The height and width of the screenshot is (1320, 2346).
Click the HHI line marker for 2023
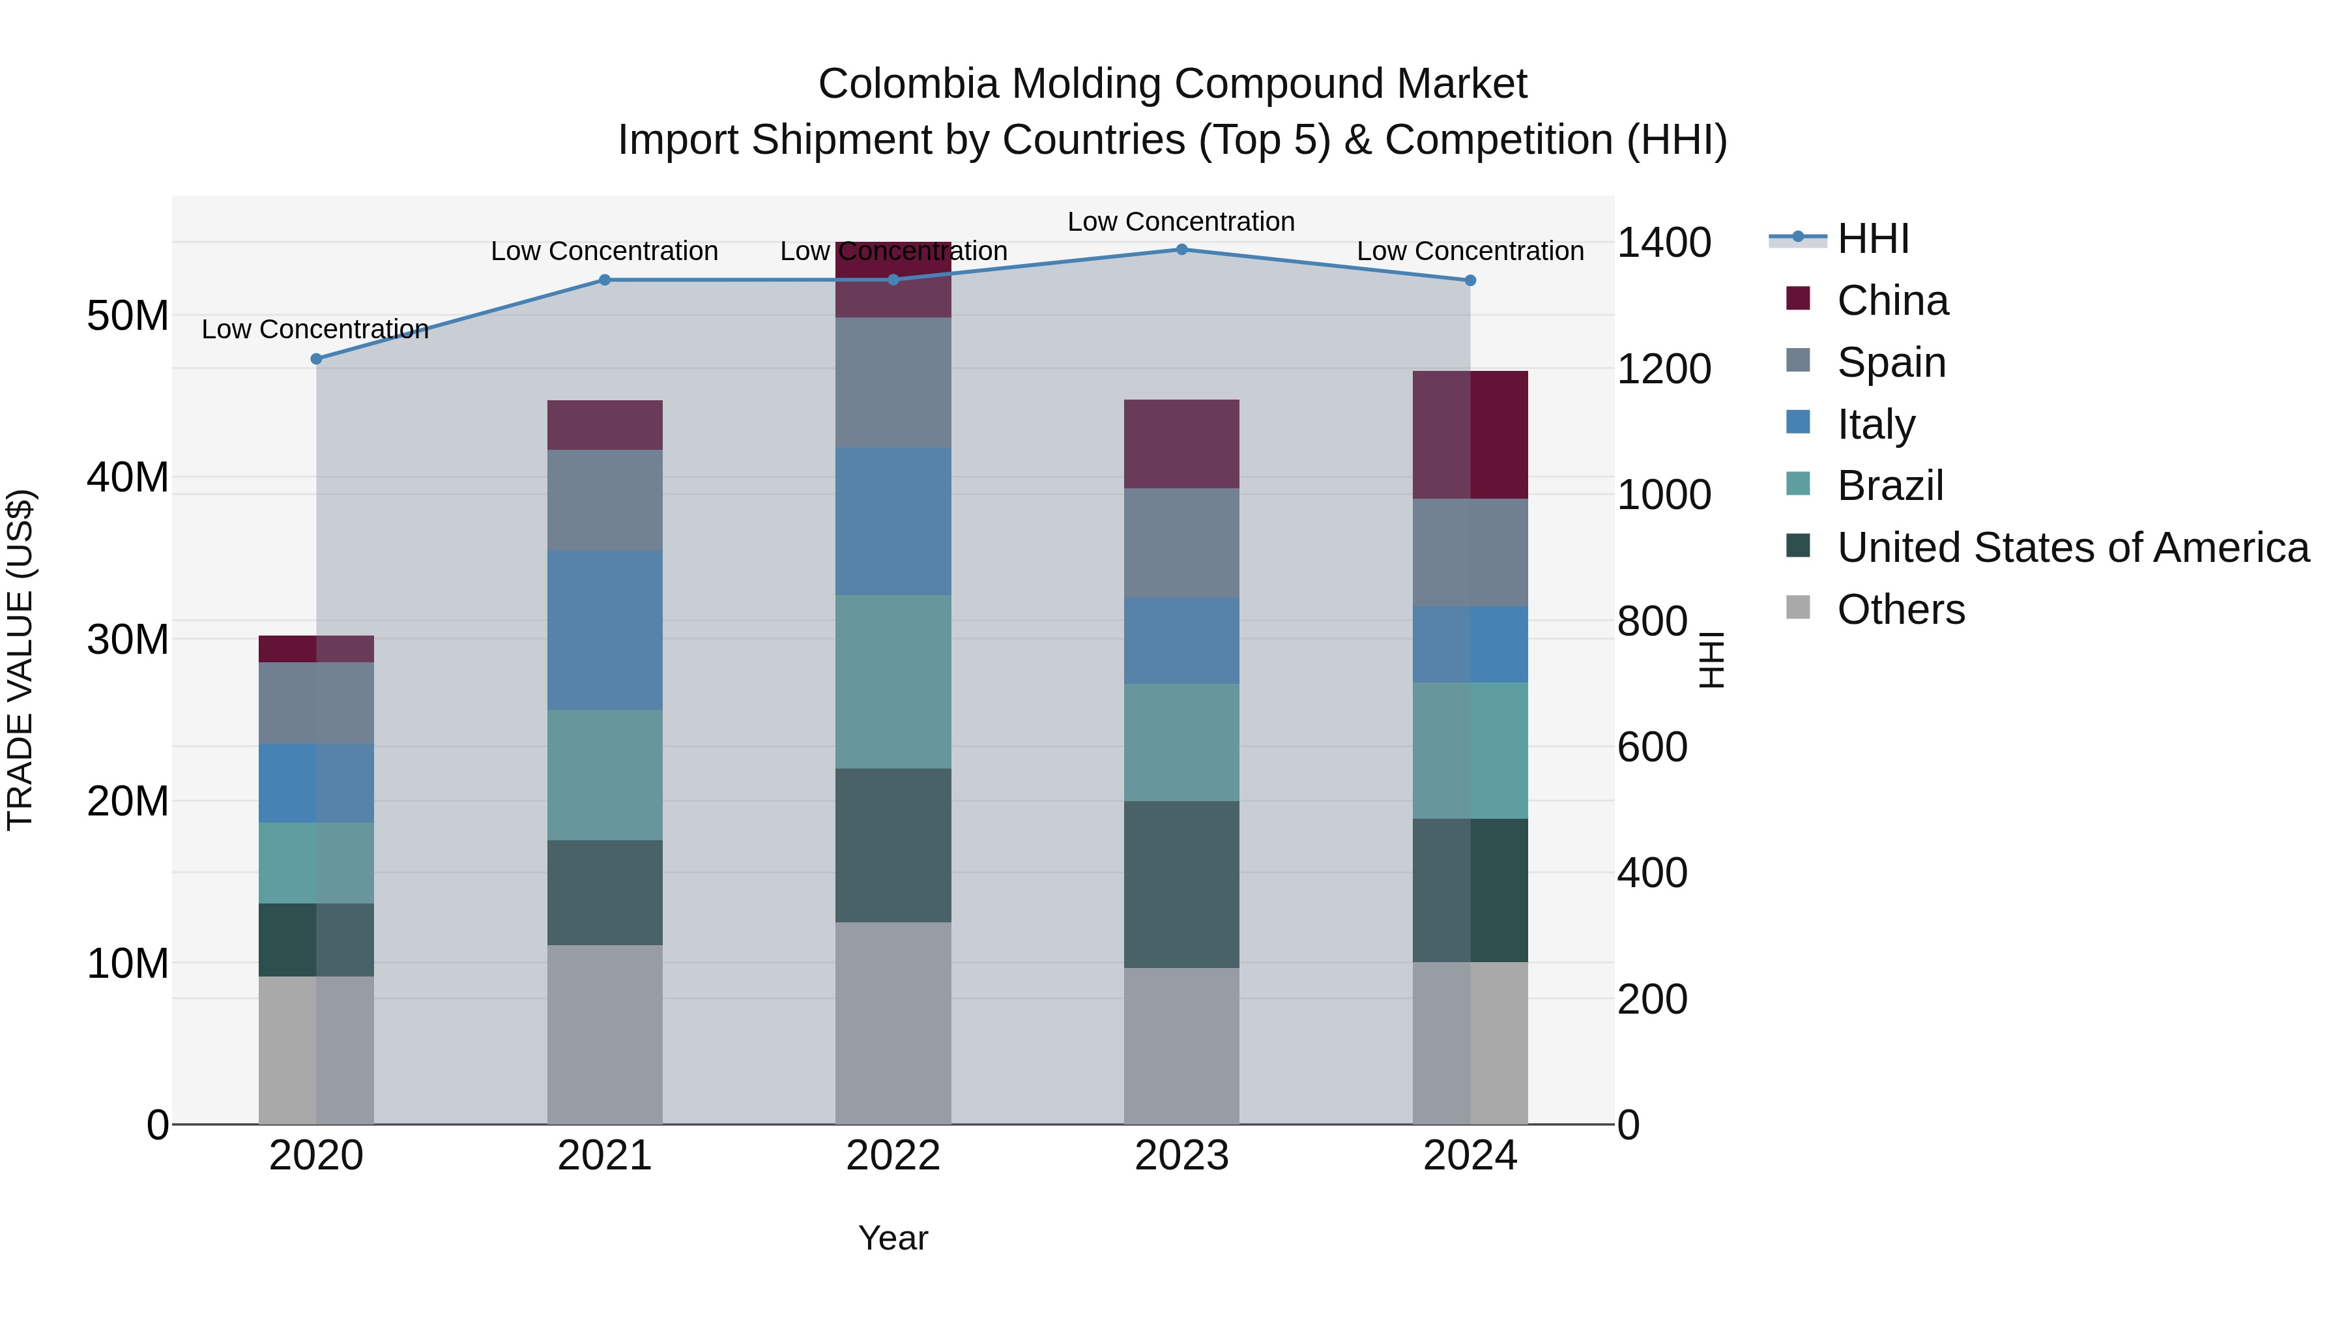click(x=1181, y=250)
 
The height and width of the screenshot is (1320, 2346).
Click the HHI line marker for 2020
click(x=316, y=359)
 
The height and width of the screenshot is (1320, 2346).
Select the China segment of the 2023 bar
click(x=1181, y=444)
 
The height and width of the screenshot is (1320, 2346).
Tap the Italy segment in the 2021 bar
click(x=605, y=630)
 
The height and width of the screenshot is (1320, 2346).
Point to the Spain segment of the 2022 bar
click(x=893, y=383)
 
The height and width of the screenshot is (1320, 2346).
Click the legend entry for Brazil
click(x=1890, y=486)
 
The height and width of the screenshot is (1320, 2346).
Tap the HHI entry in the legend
click(x=1872, y=239)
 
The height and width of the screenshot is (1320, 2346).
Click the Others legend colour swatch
click(x=1798, y=607)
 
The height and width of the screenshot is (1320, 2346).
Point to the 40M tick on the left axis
click(x=128, y=477)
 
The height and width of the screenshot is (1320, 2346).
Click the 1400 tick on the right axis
click(x=1663, y=243)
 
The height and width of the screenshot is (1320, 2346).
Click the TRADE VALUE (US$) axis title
click(x=21, y=660)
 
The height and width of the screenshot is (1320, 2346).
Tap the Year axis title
click(x=893, y=1238)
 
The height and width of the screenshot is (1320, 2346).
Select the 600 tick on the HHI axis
click(x=1652, y=747)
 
